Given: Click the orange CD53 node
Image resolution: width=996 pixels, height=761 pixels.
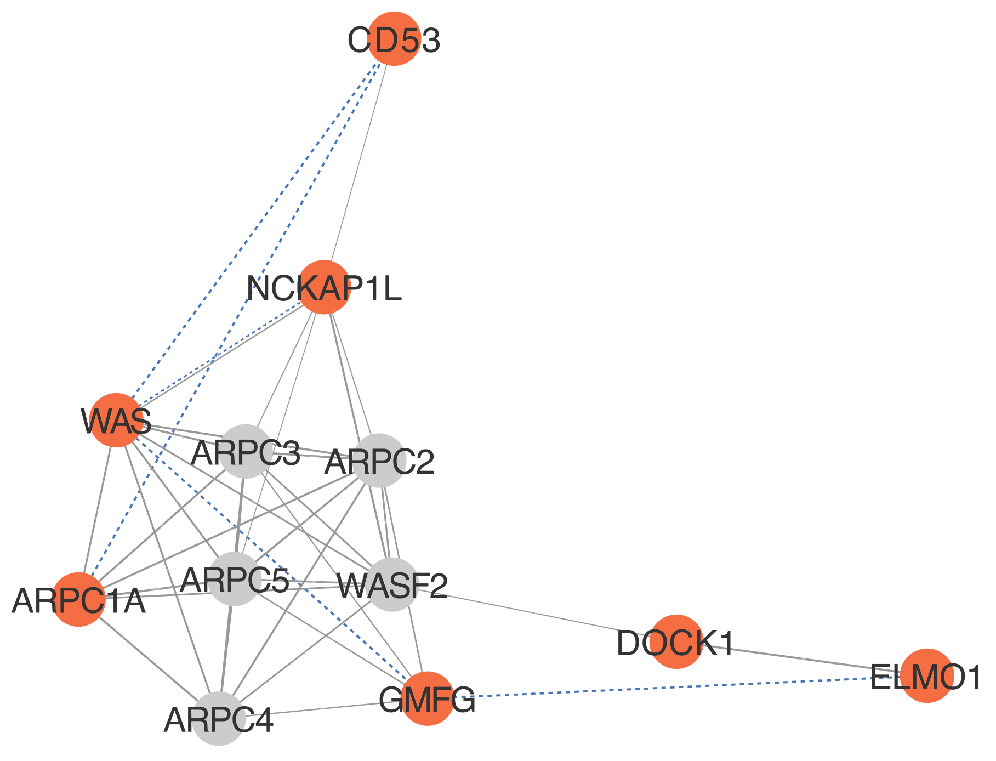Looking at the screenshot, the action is tap(394, 38).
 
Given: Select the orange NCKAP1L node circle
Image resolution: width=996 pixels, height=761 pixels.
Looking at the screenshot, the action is tap(324, 287).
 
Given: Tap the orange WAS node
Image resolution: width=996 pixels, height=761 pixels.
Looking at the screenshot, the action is tap(116, 420).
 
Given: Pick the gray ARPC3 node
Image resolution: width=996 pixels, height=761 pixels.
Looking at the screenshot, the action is tap(246, 451).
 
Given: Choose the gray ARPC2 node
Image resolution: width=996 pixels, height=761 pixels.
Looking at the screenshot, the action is tap(379, 461).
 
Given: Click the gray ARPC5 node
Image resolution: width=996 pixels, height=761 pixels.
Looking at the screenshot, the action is tap(235, 579).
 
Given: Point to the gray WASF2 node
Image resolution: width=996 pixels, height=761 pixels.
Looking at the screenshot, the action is tap(392, 584).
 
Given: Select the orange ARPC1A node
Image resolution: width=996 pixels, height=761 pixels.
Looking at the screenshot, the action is tap(79, 599).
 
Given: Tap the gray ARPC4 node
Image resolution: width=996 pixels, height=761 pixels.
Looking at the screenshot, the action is tap(219, 719).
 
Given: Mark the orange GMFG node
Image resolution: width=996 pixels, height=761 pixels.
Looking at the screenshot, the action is tap(428, 698).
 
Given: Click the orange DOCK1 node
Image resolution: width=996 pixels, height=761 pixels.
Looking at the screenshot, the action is tap(676, 641).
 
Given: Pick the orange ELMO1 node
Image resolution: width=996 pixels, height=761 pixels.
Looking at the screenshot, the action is tap(927, 675).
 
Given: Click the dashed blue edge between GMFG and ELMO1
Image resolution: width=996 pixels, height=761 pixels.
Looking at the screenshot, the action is tap(677, 687).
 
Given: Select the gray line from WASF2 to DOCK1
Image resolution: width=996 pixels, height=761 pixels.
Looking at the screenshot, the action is tap(534, 613).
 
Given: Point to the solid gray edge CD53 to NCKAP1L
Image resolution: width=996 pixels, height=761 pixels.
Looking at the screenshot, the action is tap(359, 163).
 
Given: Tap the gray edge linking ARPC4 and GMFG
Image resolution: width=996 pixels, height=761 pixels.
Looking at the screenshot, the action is tap(323, 708).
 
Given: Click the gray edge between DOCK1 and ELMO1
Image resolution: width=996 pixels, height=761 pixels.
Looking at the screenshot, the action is tap(801, 658).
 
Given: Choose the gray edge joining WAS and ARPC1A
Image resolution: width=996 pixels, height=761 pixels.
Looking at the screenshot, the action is tap(98, 510).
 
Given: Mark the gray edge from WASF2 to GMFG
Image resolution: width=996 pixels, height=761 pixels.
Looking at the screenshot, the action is tap(410, 641).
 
